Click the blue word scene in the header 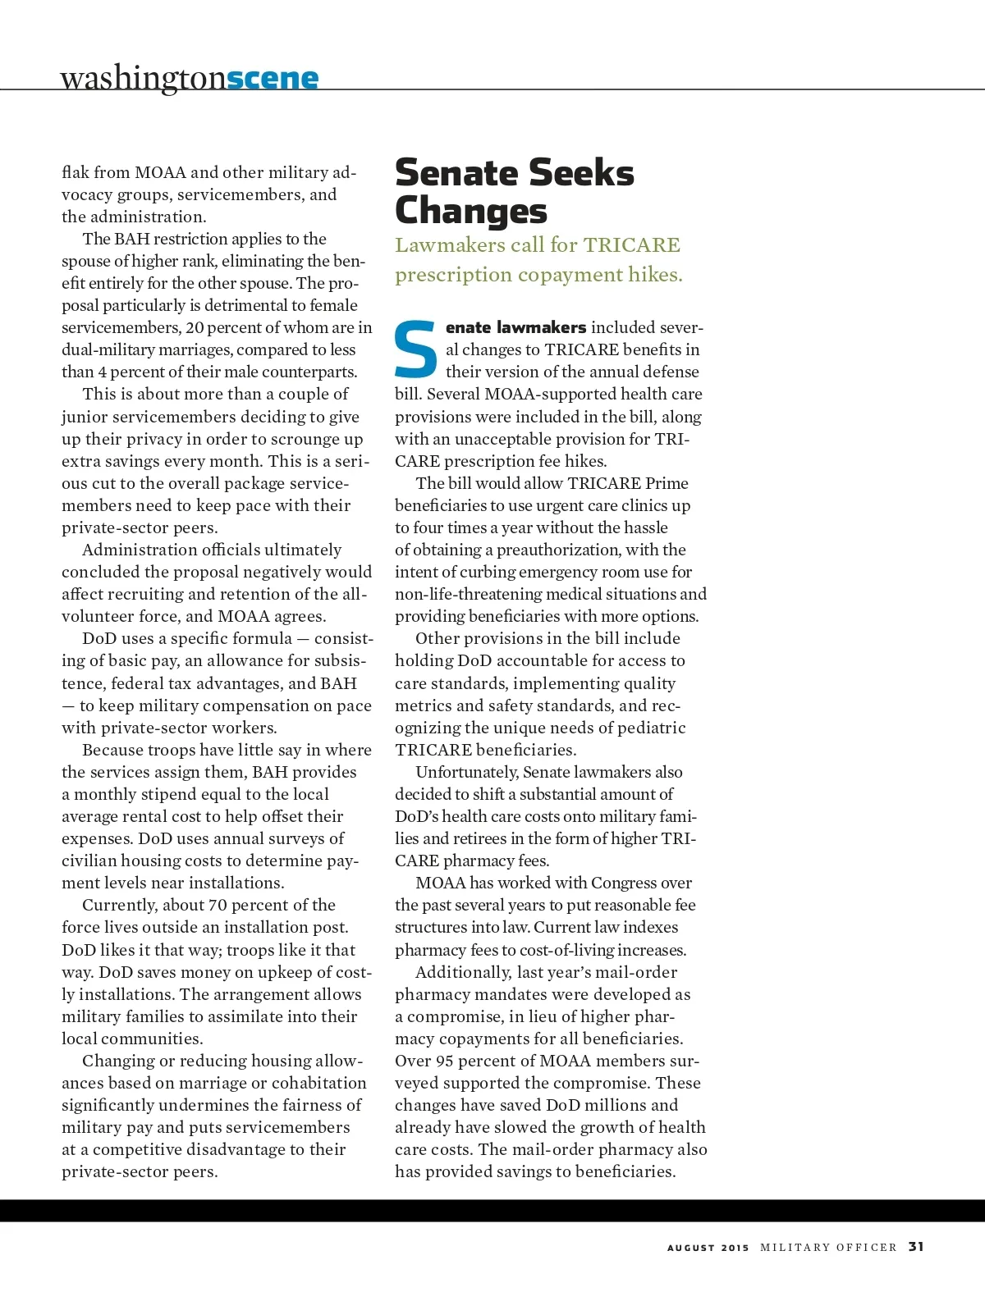click(x=272, y=78)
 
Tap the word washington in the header click(x=142, y=78)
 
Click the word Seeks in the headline click(x=581, y=173)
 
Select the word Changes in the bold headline click(x=470, y=211)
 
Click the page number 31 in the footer click(x=916, y=1247)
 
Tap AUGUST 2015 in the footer click(x=708, y=1248)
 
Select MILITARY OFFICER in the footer click(x=828, y=1248)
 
